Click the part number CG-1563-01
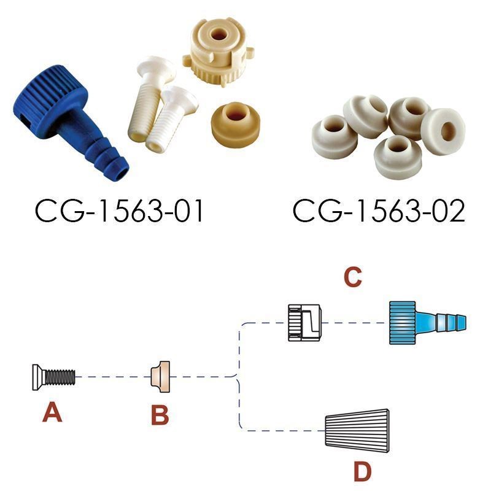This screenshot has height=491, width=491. tap(119, 211)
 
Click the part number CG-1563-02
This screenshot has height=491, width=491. tap(379, 211)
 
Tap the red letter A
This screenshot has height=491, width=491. tap(52, 412)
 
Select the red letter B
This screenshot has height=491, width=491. tap(160, 415)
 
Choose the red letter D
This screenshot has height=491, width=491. tap(362, 471)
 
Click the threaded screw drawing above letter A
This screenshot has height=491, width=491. tap(53, 377)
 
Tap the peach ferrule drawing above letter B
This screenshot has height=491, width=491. tap(160, 377)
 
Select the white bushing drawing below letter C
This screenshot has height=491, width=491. tap(304, 323)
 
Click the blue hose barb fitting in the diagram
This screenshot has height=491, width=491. tap(427, 323)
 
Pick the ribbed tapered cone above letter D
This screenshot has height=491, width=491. tap(357, 431)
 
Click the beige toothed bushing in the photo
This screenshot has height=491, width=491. tap(218, 52)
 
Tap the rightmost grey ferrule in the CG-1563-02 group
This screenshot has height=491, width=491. tap(443, 131)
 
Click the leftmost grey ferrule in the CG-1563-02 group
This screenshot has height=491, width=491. tap(334, 136)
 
